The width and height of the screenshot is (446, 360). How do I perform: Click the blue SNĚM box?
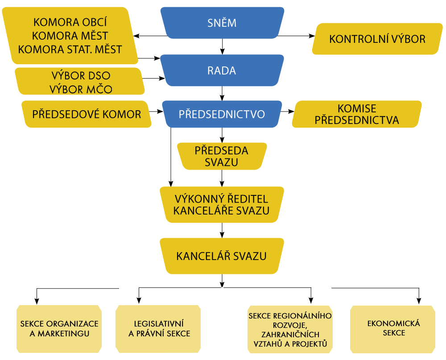pyautogui.click(x=222, y=23)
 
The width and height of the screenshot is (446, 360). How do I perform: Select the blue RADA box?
pyautogui.click(x=222, y=70)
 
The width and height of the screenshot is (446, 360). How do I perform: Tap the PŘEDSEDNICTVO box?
pyautogui.click(x=222, y=114)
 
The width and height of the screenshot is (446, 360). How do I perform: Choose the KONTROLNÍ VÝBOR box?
pyautogui.click(x=377, y=39)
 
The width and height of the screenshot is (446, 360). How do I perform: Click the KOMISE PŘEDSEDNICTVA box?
pyautogui.click(x=357, y=114)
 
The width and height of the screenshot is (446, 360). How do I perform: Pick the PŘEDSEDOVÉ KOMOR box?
pyautogui.click(x=87, y=114)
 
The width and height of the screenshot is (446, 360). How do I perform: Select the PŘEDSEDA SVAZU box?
pyautogui.click(x=222, y=156)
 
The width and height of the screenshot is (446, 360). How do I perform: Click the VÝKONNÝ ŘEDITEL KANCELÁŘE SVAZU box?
pyautogui.click(x=222, y=204)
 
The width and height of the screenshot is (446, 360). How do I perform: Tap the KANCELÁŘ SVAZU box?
pyautogui.click(x=222, y=256)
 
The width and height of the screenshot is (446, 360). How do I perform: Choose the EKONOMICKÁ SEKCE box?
pyautogui.click(x=393, y=328)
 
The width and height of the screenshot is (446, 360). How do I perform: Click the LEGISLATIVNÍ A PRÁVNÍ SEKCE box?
pyautogui.click(x=158, y=328)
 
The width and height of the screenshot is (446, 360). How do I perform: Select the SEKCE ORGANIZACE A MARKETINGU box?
pyautogui.click(x=59, y=328)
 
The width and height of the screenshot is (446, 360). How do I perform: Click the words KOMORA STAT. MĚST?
pyautogui.click(x=70, y=49)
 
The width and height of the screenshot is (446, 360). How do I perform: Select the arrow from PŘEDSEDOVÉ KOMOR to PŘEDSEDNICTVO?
pyautogui.click(x=157, y=112)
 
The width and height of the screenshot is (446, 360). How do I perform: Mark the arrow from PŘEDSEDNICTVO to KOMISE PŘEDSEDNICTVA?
pyautogui.click(x=287, y=112)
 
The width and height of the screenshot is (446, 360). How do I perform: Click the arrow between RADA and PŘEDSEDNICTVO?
pyautogui.click(x=222, y=94)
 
